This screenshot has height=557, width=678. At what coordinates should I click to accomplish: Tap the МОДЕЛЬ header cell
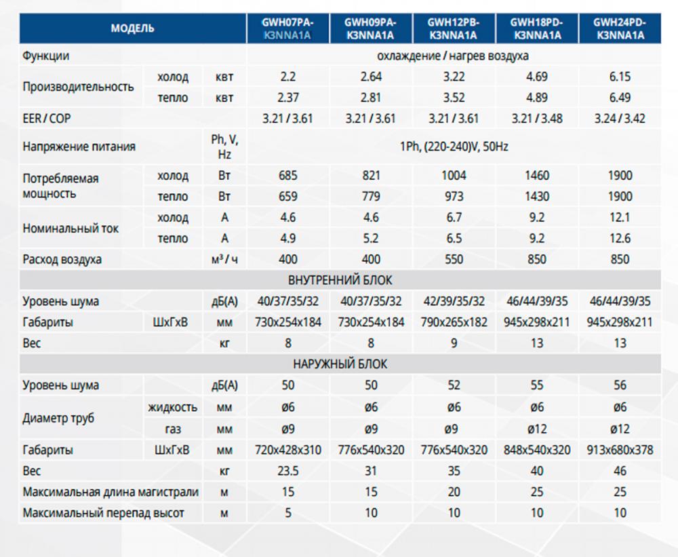132,28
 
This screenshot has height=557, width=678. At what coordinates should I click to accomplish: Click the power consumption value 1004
454,176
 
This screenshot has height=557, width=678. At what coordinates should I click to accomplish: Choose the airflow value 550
454,259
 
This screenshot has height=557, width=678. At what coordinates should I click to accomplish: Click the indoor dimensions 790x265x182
454,322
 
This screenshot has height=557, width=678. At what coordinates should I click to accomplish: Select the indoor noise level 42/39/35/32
454,301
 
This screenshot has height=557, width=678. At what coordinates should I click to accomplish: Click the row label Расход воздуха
62,259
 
